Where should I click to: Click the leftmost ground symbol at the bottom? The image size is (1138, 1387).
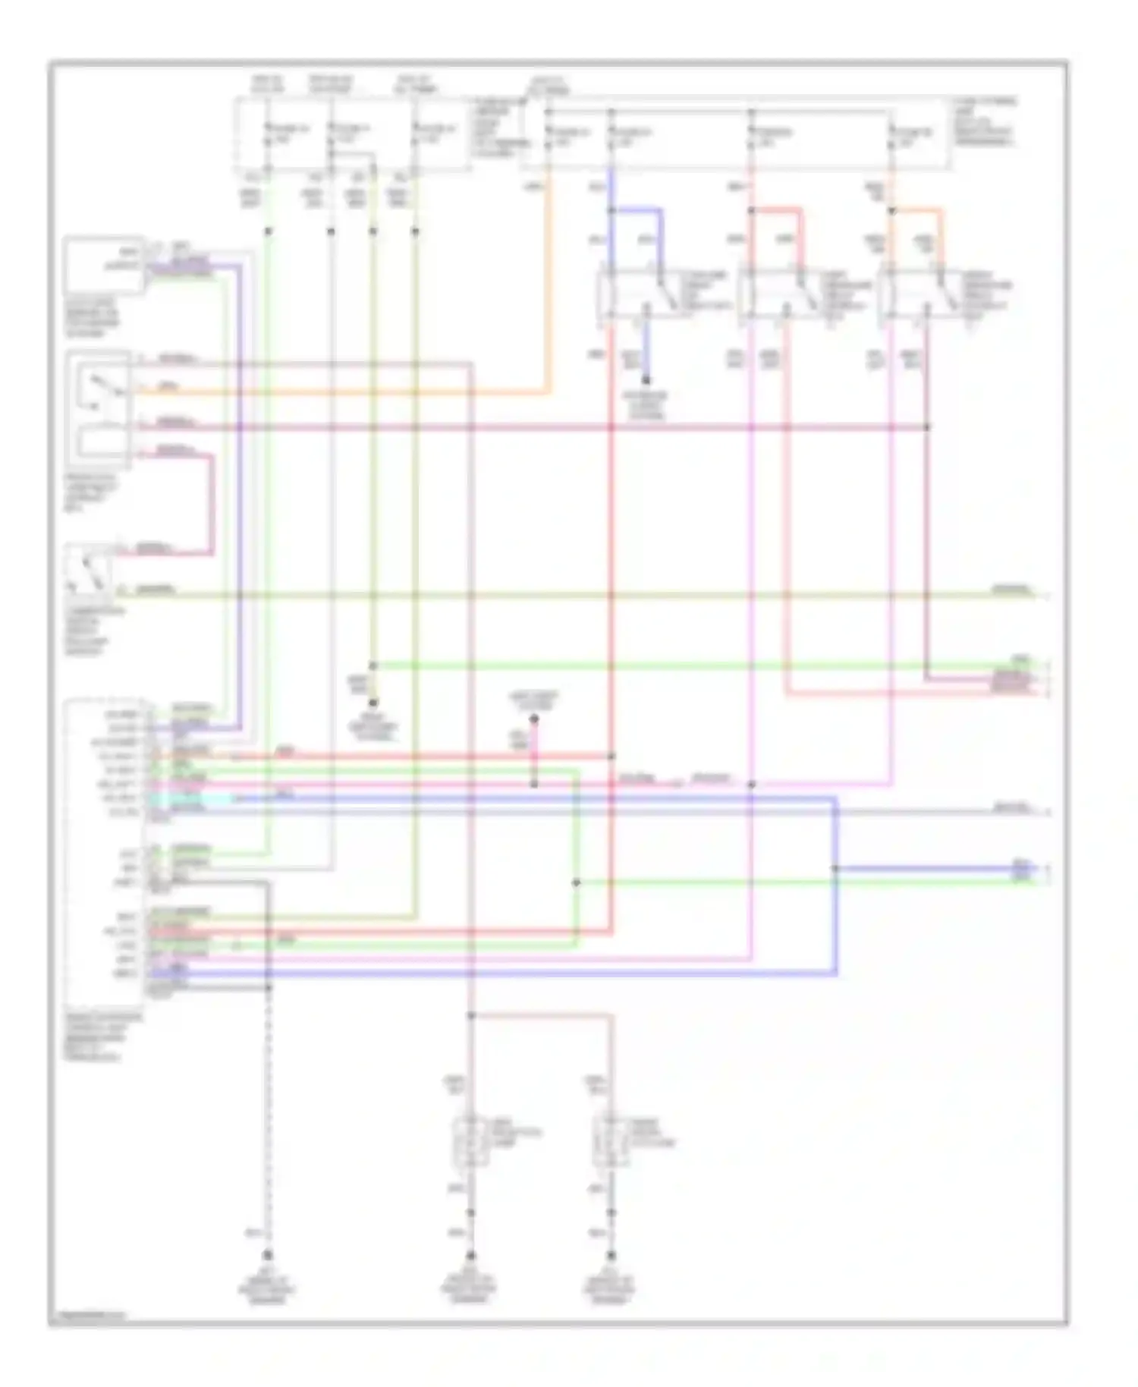(x=267, y=1256)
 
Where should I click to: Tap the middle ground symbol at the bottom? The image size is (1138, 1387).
(x=470, y=1256)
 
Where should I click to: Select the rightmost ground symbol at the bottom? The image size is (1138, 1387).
(x=611, y=1256)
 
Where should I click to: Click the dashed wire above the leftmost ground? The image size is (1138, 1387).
(x=267, y=1100)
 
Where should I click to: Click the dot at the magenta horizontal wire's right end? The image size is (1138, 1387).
(x=926, y=427)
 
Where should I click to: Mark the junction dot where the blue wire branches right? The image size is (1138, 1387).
(x=835, y=868)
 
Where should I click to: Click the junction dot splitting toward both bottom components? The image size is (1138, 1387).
(x=470, y=1014)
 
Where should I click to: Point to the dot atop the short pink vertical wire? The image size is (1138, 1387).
(x=533, y=718)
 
